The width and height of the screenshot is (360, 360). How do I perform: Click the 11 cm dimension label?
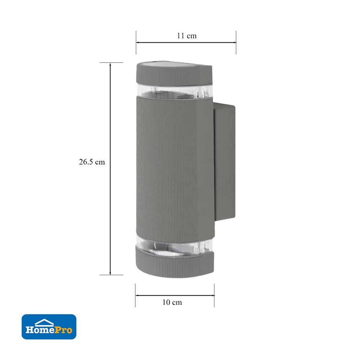pos(186,36)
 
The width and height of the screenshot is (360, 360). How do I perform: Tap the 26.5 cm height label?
pos(92,162)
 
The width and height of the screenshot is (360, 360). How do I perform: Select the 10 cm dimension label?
pos(172,302)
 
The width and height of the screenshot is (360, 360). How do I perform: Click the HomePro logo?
pos(49,327)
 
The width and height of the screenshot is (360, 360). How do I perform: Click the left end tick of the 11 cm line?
pos(136,42)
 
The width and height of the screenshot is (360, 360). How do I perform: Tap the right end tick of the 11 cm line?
pos(236,42)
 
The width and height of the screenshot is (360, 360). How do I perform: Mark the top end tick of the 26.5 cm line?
pos(110,63)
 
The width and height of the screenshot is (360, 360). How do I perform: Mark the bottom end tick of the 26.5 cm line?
pos(110,275)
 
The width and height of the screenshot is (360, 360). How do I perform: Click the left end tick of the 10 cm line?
pos(135,296)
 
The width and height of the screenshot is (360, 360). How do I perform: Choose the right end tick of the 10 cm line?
pos(214,296)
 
